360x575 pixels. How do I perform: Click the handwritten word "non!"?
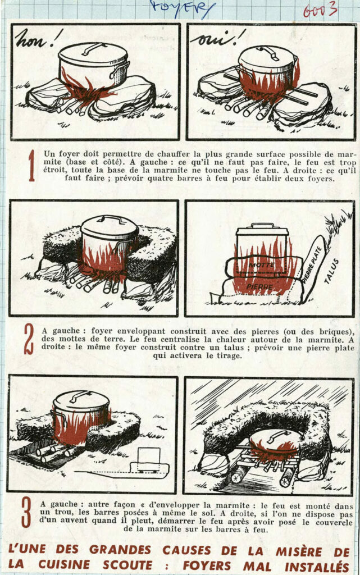(39, 39)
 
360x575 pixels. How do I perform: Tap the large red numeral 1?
(31, 166)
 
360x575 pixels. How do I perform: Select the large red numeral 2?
(28, 340)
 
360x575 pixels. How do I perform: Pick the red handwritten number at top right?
(320, 10)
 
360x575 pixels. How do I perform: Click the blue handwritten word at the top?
(182, 9)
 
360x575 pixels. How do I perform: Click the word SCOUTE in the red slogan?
(127, 564)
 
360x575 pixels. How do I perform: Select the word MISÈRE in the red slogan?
(298, 551)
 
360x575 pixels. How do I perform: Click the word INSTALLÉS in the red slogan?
(317, 566)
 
